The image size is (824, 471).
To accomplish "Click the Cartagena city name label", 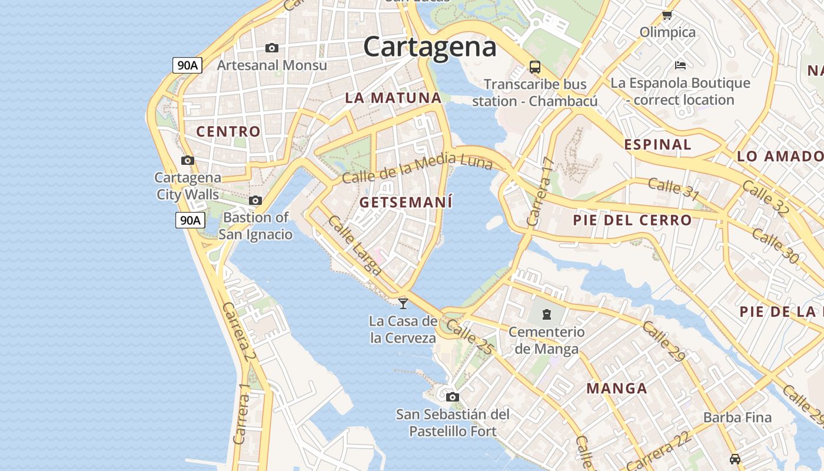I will coord(430,47).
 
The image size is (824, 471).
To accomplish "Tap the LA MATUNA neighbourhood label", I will coord(393,98).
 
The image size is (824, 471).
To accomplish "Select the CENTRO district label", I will coord(228,132).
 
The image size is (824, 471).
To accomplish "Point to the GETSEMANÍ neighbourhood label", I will coord(406,203).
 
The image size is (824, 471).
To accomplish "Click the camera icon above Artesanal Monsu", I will coord(271,48).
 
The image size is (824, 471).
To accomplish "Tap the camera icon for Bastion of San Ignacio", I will coord(255,201).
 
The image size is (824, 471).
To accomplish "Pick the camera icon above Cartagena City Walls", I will coord(188,160).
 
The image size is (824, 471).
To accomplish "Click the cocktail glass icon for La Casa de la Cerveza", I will coord(403,303).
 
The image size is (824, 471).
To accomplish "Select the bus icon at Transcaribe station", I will coord(534,67).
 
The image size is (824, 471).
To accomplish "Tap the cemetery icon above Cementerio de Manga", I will coord(547,314).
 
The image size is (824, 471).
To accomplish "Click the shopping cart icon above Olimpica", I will coord(667,15).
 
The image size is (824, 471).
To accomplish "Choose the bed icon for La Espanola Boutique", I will coord(680,65).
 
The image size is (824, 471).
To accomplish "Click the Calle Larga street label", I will coord(355,246).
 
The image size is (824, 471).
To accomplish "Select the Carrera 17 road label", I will coord(541,191).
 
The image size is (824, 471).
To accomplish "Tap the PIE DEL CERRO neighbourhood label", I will coord(632,221).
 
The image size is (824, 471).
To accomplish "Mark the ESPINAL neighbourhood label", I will coord(657,145).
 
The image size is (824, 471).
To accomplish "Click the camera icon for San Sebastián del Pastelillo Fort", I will coord(452,397).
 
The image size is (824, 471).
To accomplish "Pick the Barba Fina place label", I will coord(737,418).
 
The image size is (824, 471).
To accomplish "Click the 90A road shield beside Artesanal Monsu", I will coord(188,65).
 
